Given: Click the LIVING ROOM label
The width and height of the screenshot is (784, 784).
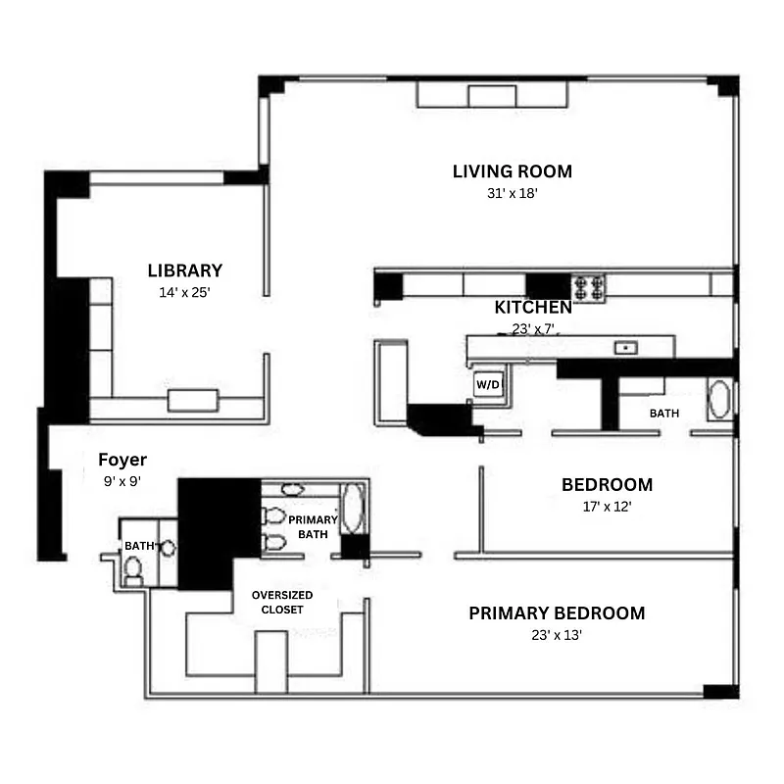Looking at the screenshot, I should click(x=512, y=171).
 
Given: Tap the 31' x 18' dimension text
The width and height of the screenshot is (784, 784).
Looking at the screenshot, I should click(x=512, y=194).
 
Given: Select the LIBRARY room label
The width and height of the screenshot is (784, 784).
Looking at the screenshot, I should click(x=185, y=270).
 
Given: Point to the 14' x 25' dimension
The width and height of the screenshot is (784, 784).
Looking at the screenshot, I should click(x=185, y=292).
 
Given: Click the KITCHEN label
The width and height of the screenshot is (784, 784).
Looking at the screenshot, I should click(x=532, y=308).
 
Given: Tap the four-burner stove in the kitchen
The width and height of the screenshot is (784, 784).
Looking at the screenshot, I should click(x=589, y=286).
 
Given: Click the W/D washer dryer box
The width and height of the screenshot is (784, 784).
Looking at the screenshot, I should click(x=488, y=385).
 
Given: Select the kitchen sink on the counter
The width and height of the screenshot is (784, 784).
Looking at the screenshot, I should click(x=622, y=347).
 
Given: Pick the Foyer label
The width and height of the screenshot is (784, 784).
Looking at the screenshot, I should click(x=122, y=460).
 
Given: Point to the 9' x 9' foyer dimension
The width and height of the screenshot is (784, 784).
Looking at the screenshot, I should click(x=122, y=481).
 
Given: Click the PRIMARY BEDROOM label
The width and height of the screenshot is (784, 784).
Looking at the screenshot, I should click(x=557, y=613).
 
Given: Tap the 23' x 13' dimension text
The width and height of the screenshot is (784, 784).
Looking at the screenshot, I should click(x=557, y=635).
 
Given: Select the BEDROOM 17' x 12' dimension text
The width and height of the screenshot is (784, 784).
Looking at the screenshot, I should click(x=606, y=507).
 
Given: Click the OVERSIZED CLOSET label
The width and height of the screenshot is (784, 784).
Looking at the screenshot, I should click(x=283, y=602).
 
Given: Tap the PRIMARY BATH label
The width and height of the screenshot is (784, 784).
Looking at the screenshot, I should click(x=314, y=526).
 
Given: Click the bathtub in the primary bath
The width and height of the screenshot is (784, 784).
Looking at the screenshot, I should click(x=352, y=508).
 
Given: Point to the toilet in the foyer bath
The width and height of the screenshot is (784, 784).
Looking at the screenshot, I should click(x=133, y=568).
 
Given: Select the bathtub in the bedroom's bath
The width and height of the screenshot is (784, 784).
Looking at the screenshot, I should click(x=720, y=401).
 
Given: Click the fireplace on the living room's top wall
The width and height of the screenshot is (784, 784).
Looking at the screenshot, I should click(x=492, y=95).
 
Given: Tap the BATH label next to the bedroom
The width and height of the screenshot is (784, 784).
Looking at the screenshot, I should click(x=663, y=414).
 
